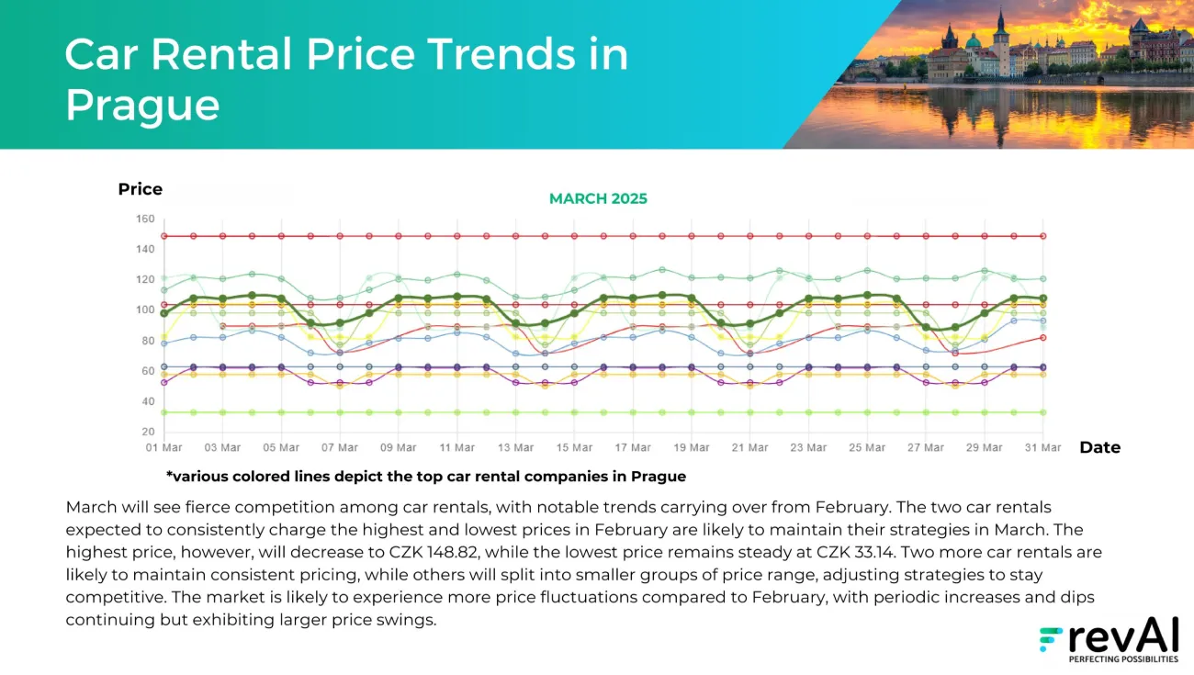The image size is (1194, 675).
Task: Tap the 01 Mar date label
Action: [164, 448]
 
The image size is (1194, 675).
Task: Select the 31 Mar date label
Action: [1042, 448]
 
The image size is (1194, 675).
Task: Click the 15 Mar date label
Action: [574, 448]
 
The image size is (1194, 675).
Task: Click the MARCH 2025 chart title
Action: [598, 199]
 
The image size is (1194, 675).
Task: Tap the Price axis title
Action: [140, 189]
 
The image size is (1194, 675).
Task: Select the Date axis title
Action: [1099, 448]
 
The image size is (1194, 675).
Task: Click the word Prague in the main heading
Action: [142, 105]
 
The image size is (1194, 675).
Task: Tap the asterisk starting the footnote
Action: [169, 476]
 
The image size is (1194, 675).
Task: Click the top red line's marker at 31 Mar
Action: [1042, 236]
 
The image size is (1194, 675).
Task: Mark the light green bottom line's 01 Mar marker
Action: [164, 412]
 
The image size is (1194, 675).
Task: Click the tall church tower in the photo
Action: [1001, 41]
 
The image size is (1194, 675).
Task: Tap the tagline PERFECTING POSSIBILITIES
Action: [1123, 658]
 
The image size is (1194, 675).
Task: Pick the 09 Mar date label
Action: [399, 448]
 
